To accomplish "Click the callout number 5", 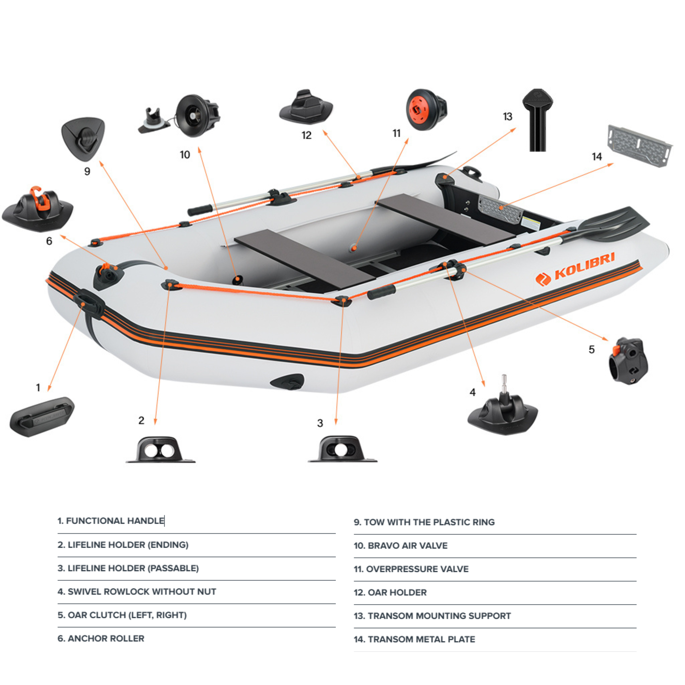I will coord(591,350).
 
